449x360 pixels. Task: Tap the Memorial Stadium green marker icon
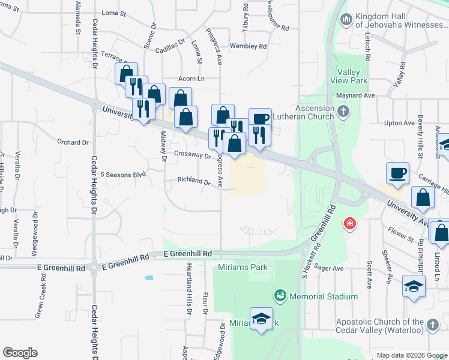click(279, 296)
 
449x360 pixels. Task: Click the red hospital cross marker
click(349, 224)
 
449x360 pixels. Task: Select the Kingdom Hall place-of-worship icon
click(345, 21)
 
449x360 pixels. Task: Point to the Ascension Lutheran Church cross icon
click(343, 112)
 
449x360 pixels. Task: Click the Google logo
click(20, 353)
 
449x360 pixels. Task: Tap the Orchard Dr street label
click(73, 142)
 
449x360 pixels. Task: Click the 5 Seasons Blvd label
click(123, 175)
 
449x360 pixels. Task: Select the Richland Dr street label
click(193, 181)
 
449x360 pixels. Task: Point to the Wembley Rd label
click(248, 46)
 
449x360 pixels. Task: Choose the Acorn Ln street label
click(191, 79)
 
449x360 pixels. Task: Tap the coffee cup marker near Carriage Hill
click(397, 173)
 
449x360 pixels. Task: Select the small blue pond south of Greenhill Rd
click(148, 278)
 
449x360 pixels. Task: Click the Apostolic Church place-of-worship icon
click(432, 327)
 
